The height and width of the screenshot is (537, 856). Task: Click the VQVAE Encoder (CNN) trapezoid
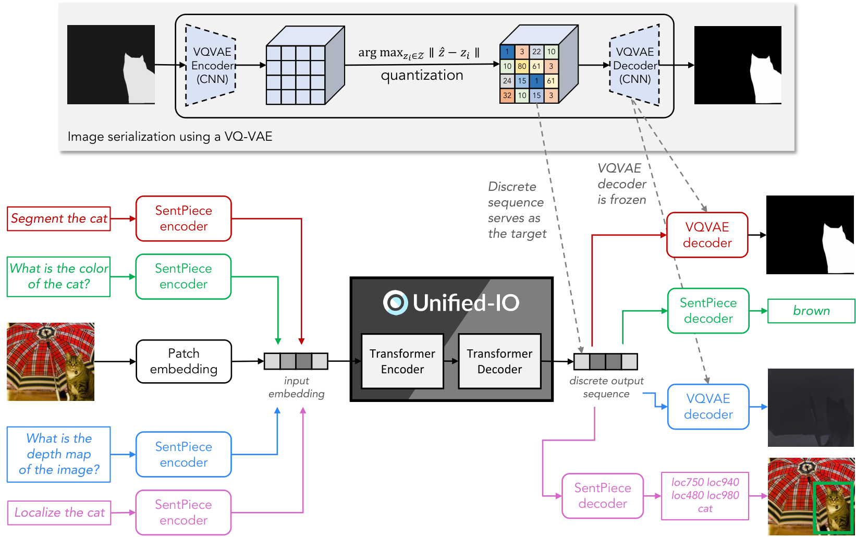tap(211, 65)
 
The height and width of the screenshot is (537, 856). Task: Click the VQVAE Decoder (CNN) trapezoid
tap(634, 65)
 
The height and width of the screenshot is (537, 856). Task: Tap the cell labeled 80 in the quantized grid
tap(522, 66)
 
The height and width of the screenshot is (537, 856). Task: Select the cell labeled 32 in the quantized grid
tap(507, 95)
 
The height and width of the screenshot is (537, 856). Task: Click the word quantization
tap(422, 75)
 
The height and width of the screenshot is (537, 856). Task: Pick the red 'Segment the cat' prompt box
tap(59, 218)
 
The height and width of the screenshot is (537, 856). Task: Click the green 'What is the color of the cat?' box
tap(59, 276)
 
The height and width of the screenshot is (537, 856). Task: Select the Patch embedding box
tap(184, 361)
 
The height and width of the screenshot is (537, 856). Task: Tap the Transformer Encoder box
tap(402, 361)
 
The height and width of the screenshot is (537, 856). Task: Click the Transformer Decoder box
tap(499, 361)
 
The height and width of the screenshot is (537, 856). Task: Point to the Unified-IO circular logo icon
tap(395, 302)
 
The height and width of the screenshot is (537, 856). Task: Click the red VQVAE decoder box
tap(707, 235)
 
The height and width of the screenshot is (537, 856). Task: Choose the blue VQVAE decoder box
tap(708, 407)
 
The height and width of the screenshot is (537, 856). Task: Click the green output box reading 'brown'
tap(811, 311)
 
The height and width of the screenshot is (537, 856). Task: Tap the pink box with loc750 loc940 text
tap(705, 496)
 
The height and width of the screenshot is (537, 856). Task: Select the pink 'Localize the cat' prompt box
tap(59, 512)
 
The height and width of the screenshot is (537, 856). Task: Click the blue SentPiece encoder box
tap(184, 454)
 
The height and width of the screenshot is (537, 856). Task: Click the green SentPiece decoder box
tap(708, 311)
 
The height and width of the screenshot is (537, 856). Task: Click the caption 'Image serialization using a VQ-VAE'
tap(170, 137)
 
